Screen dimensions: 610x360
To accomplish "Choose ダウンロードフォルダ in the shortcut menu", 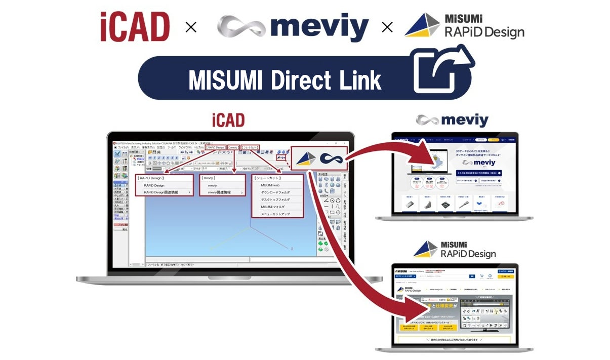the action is pos(275,192).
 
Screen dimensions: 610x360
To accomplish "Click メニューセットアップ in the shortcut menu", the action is pos(275,214).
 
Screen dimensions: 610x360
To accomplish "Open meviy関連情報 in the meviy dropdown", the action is pos(219,192).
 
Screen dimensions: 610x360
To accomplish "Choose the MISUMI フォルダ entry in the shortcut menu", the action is pos(272,207).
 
